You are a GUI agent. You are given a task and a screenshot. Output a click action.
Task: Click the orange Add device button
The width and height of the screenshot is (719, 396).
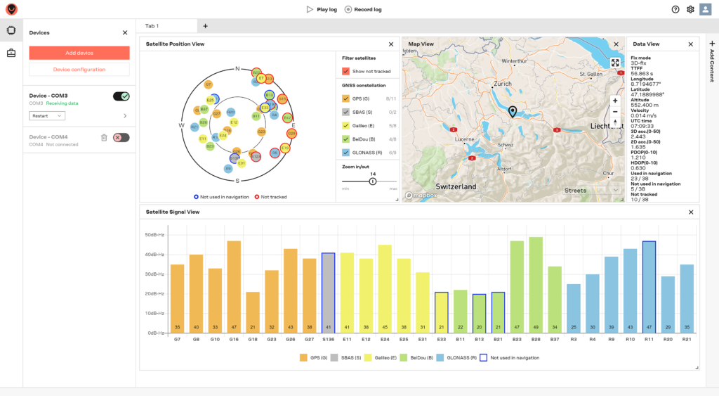tap(79, 53)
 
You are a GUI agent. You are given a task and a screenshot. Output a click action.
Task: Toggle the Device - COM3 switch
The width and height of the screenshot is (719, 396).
tap(121, 96)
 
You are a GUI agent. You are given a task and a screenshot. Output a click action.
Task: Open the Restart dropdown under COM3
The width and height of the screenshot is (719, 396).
tap(46, 115)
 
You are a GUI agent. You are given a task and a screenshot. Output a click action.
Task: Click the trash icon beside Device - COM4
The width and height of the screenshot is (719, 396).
tap(104, 138)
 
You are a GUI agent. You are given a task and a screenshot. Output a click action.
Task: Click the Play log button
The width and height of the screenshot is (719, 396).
tap(322, 9)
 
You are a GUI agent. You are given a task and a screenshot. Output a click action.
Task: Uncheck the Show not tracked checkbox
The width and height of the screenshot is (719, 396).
tap(345, 71)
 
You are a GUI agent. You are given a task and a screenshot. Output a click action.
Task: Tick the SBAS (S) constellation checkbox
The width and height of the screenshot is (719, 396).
tap(345, 112)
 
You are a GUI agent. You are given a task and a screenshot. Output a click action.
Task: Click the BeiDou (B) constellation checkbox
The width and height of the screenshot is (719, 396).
tap(345, 139)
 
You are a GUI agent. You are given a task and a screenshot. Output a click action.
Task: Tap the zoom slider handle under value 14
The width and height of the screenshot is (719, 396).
tap(373, 181)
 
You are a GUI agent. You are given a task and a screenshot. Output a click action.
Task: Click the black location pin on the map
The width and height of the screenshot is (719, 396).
tap(513, 112)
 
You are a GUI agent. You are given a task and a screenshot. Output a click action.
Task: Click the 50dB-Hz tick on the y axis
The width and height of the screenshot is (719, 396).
tap(154, 235)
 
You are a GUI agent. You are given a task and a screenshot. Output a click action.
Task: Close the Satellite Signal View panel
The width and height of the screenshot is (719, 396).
tap(691, 212)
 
